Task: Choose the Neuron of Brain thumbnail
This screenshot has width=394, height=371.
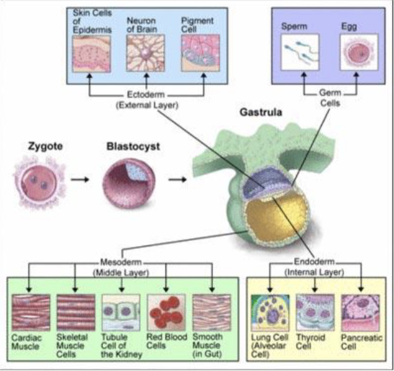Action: [146, 53]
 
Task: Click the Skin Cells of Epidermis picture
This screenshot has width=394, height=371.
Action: [91, 53]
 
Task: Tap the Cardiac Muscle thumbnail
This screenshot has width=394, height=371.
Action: [30, 313]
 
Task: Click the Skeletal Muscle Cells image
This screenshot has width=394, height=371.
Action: [75, 313]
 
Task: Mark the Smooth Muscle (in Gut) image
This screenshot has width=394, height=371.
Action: [212, 313]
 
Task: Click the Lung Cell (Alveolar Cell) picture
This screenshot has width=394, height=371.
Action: [270, 313]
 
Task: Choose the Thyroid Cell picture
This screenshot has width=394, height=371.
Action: [315, 313]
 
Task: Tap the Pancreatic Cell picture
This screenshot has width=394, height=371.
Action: [360, 313]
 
